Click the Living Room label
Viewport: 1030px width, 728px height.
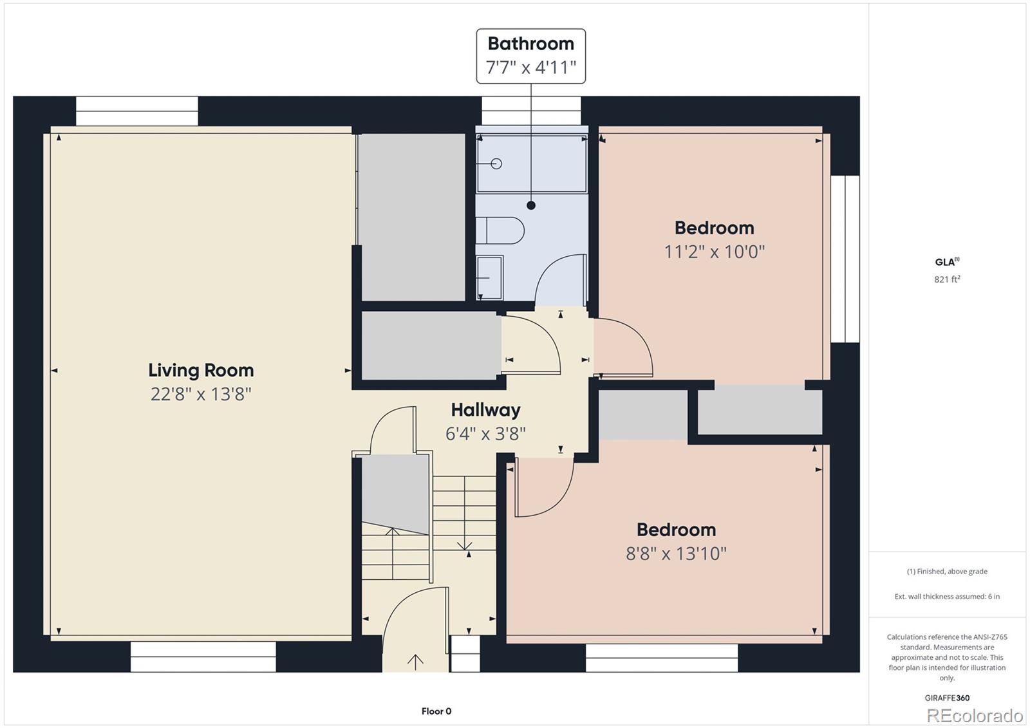(x=201, y=370)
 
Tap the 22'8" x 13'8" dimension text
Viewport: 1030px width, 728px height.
(x=201, y=394)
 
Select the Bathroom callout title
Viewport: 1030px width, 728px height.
(x=530, y=44)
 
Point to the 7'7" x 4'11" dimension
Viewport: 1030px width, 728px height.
(x=530, y=68)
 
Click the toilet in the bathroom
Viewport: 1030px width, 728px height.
(x=500, y=230)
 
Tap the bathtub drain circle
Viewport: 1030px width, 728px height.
(x=496, y=163)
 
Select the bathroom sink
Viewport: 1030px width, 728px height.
(x=489, y=278)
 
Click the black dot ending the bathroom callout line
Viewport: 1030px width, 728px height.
(x=531, y=205)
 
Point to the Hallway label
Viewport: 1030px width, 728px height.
(x=485, y=410)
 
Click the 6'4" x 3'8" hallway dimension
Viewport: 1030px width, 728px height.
(x=485, y=434)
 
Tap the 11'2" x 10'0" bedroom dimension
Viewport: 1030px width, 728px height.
(x=714, y=252)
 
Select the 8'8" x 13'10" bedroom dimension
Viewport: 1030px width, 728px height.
(x=676, y=554)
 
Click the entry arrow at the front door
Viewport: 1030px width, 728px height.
(x=416, y=662)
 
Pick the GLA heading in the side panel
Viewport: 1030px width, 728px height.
(x=947, y=262)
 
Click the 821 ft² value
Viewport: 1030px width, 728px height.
(x=947, y=279)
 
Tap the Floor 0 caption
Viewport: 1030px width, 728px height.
(x=436, y=711)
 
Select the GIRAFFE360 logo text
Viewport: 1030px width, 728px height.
(x=947, y=698)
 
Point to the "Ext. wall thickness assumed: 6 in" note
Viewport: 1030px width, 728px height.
(x=947, y=597)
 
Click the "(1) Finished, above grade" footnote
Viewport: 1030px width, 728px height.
(x=947, y=571)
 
